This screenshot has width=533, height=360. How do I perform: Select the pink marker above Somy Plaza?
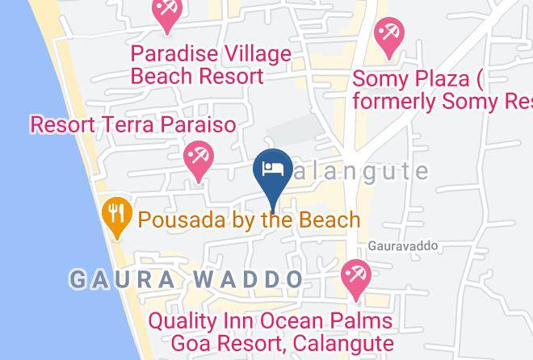[x=389, y=37]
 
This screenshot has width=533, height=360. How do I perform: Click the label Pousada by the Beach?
[x=249, y=219]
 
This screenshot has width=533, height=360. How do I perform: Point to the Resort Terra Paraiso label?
[x=133, y=125]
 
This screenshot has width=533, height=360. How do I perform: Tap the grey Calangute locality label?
[x=363, y=171]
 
